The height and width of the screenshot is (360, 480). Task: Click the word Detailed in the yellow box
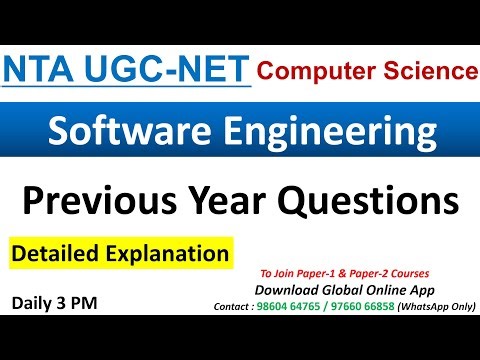(55, 253)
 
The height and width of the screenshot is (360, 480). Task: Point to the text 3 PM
(88, 300)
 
